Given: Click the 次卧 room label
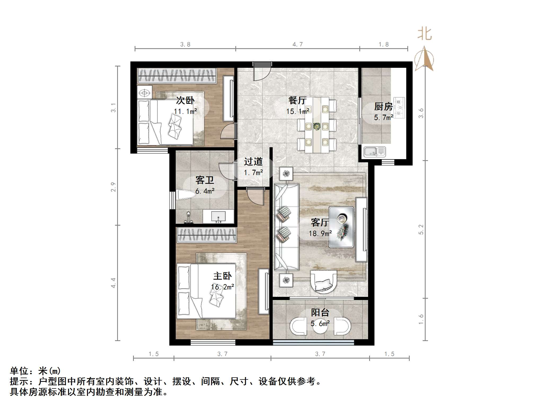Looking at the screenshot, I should [185, 101].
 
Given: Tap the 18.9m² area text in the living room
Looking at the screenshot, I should [320, 234].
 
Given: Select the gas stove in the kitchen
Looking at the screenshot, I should [399, 108].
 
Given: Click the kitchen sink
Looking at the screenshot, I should [374, 152].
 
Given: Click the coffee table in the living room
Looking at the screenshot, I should [341, 227].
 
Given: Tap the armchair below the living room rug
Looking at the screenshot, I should [324, 281].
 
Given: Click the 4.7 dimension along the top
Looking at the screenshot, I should [297, 44].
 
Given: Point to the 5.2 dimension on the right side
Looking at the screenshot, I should [421, 229].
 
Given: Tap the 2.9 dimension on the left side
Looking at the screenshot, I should [113, 187].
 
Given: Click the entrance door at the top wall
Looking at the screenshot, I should [262, 71].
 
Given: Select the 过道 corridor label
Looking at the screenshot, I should [253, 162].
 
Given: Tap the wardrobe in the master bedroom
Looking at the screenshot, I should [206, 235].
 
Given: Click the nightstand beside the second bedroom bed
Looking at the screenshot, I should [144, 93].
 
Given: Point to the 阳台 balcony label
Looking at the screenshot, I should [320, 312].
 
